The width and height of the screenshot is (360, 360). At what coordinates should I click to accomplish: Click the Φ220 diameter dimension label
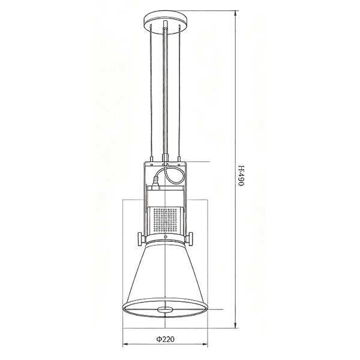point(166,339)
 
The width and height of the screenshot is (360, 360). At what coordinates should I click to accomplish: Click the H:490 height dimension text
point(241,176)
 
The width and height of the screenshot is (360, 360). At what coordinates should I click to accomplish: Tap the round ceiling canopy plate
point(166,23)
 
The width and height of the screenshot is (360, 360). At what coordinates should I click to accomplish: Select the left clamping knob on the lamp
point(141,239)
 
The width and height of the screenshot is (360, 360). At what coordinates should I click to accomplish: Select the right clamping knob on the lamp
point(190,239)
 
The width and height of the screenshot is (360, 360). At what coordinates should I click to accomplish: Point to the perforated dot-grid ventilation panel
point(166,220)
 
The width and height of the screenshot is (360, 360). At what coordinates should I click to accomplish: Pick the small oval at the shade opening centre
point(166,310)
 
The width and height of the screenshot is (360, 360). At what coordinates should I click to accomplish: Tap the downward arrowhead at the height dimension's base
point(235,324)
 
